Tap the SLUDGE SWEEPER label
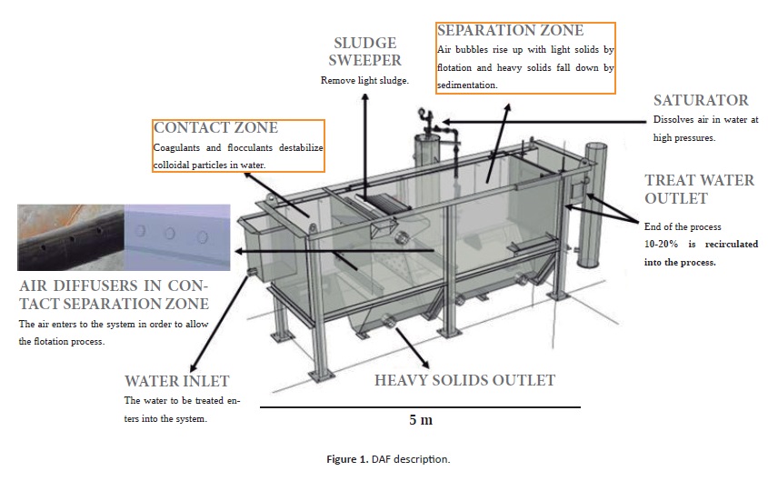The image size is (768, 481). point(365,52)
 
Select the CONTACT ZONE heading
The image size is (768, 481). point(216,128)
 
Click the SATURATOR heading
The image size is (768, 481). point(701,100)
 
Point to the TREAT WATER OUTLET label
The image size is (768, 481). point(699,189)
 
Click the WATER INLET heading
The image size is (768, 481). point(176,380)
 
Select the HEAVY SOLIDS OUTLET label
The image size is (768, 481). point(464,379)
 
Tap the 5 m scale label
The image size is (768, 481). point(420,419)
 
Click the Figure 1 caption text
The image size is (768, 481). point(388,459)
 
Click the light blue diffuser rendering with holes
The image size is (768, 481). point(176,237)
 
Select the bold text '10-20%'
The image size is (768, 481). point(663,245)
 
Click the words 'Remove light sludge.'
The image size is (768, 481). point(364,80)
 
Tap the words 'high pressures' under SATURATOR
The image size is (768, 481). point(684,138)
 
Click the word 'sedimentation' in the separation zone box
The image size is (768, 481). point(467,85)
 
